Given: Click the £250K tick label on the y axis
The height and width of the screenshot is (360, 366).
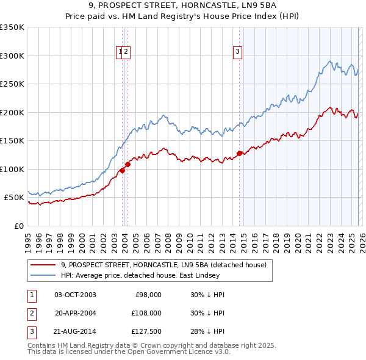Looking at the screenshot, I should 12,84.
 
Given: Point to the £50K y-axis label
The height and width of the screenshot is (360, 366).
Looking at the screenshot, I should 14,198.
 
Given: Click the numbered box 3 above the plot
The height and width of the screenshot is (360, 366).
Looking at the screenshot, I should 237,52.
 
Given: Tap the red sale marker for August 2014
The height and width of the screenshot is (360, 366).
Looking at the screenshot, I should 239,153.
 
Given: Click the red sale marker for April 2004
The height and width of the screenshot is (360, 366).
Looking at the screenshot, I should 128,164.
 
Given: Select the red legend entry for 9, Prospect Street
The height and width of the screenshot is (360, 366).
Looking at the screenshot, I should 163,265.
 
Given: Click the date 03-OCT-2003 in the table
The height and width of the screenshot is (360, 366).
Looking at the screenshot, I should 75,294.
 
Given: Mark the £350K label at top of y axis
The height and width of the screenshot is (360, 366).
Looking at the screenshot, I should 12,27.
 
